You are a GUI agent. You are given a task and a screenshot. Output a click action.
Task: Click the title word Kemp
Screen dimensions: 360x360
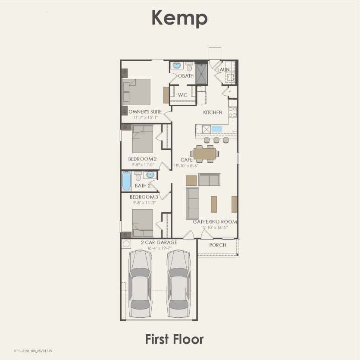pos(179,18)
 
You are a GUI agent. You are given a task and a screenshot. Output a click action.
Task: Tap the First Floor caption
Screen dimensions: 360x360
pos(174,339)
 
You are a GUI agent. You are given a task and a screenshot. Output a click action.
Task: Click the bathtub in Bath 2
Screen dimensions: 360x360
pos(126,181)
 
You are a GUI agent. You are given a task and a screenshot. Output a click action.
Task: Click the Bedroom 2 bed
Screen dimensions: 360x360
pos(142,139)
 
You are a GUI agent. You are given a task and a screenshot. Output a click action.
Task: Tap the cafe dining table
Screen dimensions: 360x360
pos(205,153)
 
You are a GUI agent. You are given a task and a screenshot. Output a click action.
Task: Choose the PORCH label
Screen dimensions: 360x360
pos(218,245)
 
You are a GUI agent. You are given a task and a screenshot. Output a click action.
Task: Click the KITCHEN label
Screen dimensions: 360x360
pos(213,113)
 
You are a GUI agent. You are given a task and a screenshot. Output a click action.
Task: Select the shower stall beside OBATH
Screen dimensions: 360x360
pos(201,73)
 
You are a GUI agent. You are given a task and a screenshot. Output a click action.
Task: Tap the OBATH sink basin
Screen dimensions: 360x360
pos(177,66)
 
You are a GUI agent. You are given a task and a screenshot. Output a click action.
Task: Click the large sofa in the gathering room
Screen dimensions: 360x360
pos(192,203)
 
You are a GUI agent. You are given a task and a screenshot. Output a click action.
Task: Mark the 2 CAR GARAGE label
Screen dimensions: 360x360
pos(159,242)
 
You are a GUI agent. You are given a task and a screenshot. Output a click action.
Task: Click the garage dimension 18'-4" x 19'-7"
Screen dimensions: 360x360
pos(159,248)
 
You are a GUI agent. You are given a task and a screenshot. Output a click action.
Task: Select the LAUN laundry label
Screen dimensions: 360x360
pos(223,69)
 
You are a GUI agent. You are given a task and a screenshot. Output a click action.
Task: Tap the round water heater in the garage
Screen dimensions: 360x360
pos(126,244)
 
